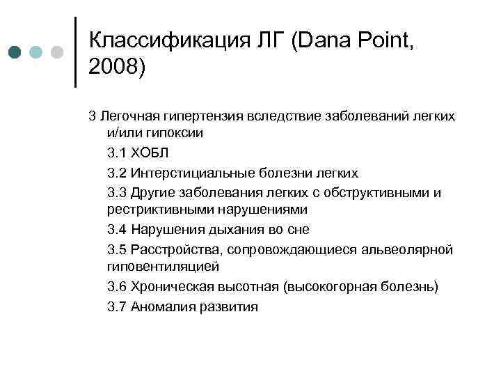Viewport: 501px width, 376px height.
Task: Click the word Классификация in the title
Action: (166, 40)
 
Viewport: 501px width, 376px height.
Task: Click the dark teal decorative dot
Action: (15, 52)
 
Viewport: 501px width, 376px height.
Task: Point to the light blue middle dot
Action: (35, 52)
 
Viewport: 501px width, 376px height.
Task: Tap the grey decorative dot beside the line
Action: (57, 52)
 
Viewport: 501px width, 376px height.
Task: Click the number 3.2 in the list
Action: (118, 172)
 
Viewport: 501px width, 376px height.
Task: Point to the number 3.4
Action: (118, 229)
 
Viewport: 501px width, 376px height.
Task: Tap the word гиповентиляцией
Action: (163, 267)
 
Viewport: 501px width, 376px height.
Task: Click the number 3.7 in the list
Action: (118, 306)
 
